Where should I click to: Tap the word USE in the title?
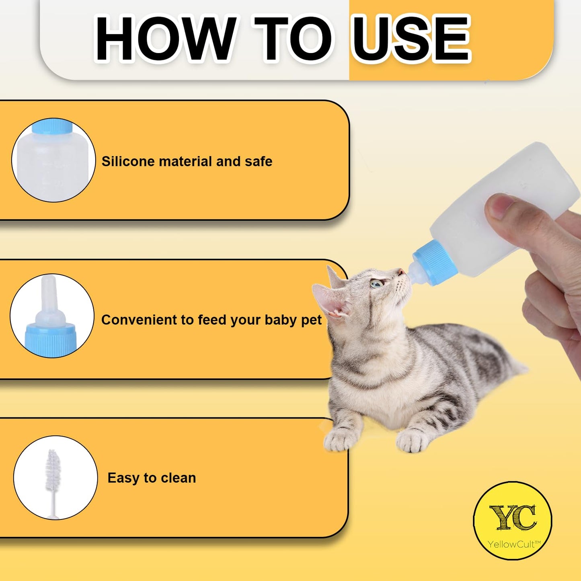pyautogui.click(x=410, y=39)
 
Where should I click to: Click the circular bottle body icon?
pyautogui.click(x=53, y=160)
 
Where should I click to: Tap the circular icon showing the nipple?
pyautogui.click(x=52, y=316)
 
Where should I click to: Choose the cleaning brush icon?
pyautogui.click(x=55, y=478)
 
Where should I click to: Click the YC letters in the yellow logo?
pyautogui.click(x=513, y=517)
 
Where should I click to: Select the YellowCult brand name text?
pyautogui.click(x=513, y=544)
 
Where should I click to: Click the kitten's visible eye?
pyautogui.click(x=377, y=284)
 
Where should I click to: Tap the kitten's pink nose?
pyautogui.click(x=401, y=272)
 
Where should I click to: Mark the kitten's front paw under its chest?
pyautogui.click(x=341, y=439)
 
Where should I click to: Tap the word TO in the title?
pyautogui.click(x=293, y=39)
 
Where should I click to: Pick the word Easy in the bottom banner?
pyautogui.click(x=123, y=478)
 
